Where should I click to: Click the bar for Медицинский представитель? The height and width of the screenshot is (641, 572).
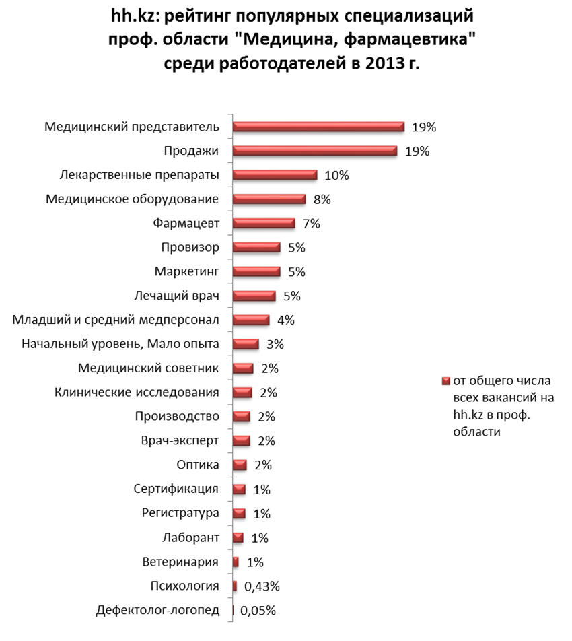tap(318, 127)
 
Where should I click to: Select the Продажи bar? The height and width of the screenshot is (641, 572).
tap(314, 151)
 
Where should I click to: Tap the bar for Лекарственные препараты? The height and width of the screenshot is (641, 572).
tap(274, 175)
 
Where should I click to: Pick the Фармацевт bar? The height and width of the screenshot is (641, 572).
tap(263, 224)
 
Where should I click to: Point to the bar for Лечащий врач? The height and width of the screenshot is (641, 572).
tap(254, 296)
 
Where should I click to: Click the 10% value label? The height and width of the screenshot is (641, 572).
tap(336, 175)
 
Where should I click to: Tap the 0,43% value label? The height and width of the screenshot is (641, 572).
tap(261, 586)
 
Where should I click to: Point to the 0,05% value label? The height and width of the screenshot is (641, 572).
tap(258, 611)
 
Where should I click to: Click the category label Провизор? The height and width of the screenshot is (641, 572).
tap(190, 247)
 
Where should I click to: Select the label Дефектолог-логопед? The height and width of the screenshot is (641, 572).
tap(157, 611)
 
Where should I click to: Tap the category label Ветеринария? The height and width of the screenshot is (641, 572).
tap(180, 562)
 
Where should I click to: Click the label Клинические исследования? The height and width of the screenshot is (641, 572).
tap(137, 393)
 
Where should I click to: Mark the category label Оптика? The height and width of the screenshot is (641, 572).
tap(197, 465)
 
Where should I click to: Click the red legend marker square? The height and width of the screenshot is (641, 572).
tap(444, 381)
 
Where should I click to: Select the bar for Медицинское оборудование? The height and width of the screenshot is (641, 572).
tap(269, 199)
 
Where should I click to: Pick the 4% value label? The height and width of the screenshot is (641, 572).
tap(285, 320)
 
